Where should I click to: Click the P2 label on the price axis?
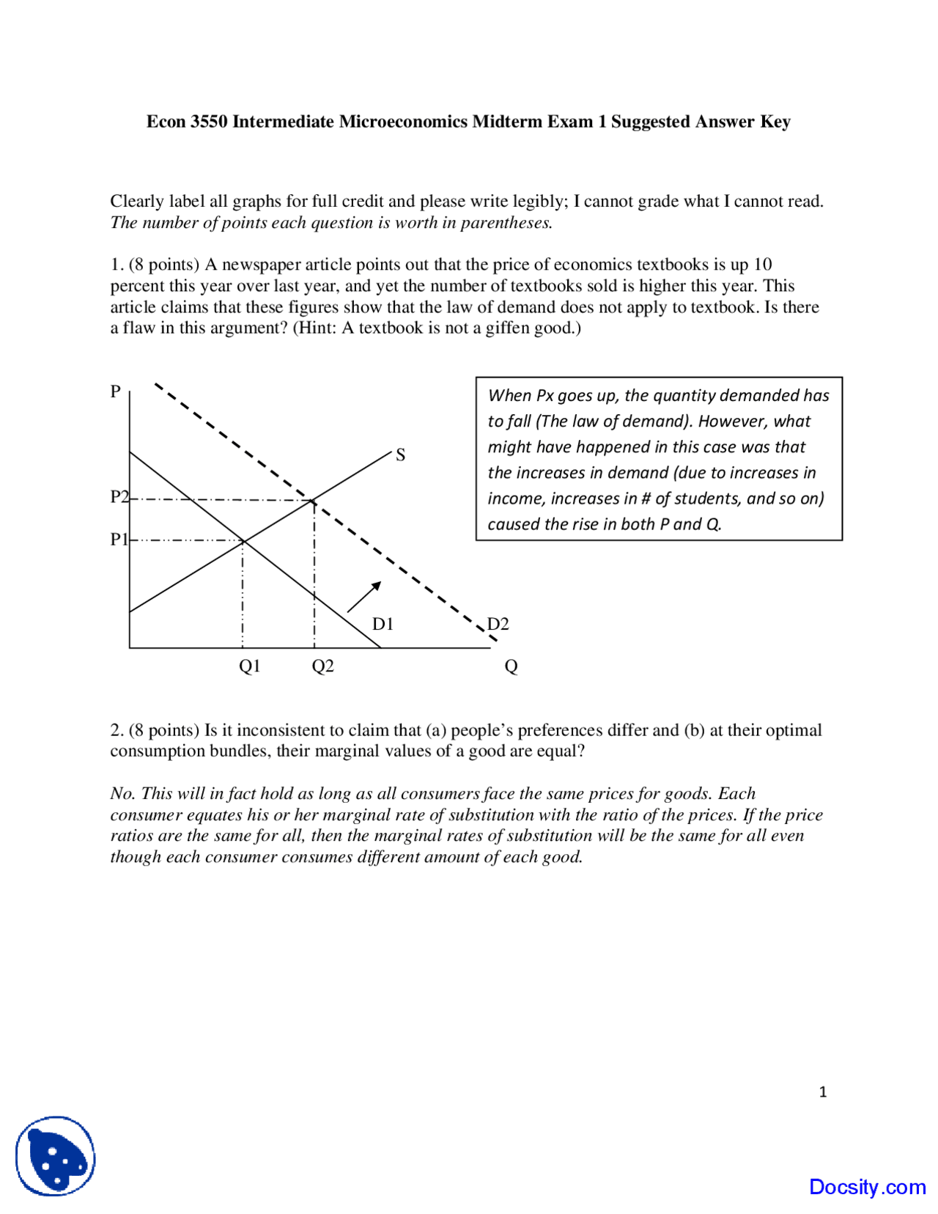coord(119,497)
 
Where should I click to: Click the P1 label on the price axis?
coord(118,540)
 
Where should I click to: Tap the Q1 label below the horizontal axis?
coord(249,666)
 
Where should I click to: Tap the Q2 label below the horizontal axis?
coord(322,666)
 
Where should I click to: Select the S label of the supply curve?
coord(400,455)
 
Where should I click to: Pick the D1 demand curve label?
coord(383,624)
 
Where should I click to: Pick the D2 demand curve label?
coord(498,624)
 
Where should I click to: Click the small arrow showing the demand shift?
coord(363,597)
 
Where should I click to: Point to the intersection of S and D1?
coord(243,541)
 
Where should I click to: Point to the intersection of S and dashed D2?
coord(314,501)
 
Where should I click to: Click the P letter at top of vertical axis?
coord(115,391)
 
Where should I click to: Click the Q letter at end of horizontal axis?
coord(511,666)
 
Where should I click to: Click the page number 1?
coord(822,1092)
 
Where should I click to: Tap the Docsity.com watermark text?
coord(867,1187)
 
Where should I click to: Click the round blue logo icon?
coord(56,1156)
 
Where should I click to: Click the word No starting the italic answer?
coord(122,793)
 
